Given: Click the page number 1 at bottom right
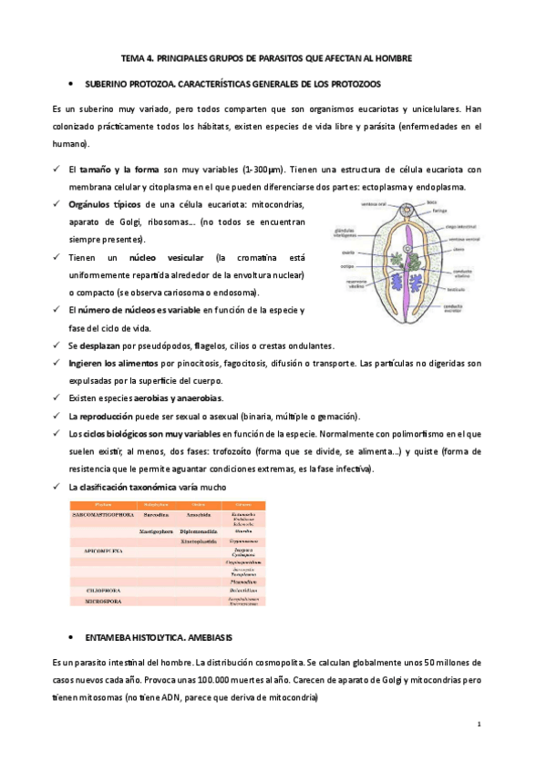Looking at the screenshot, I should coord(478,722).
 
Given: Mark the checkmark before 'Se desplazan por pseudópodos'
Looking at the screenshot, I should coord(57,346).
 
